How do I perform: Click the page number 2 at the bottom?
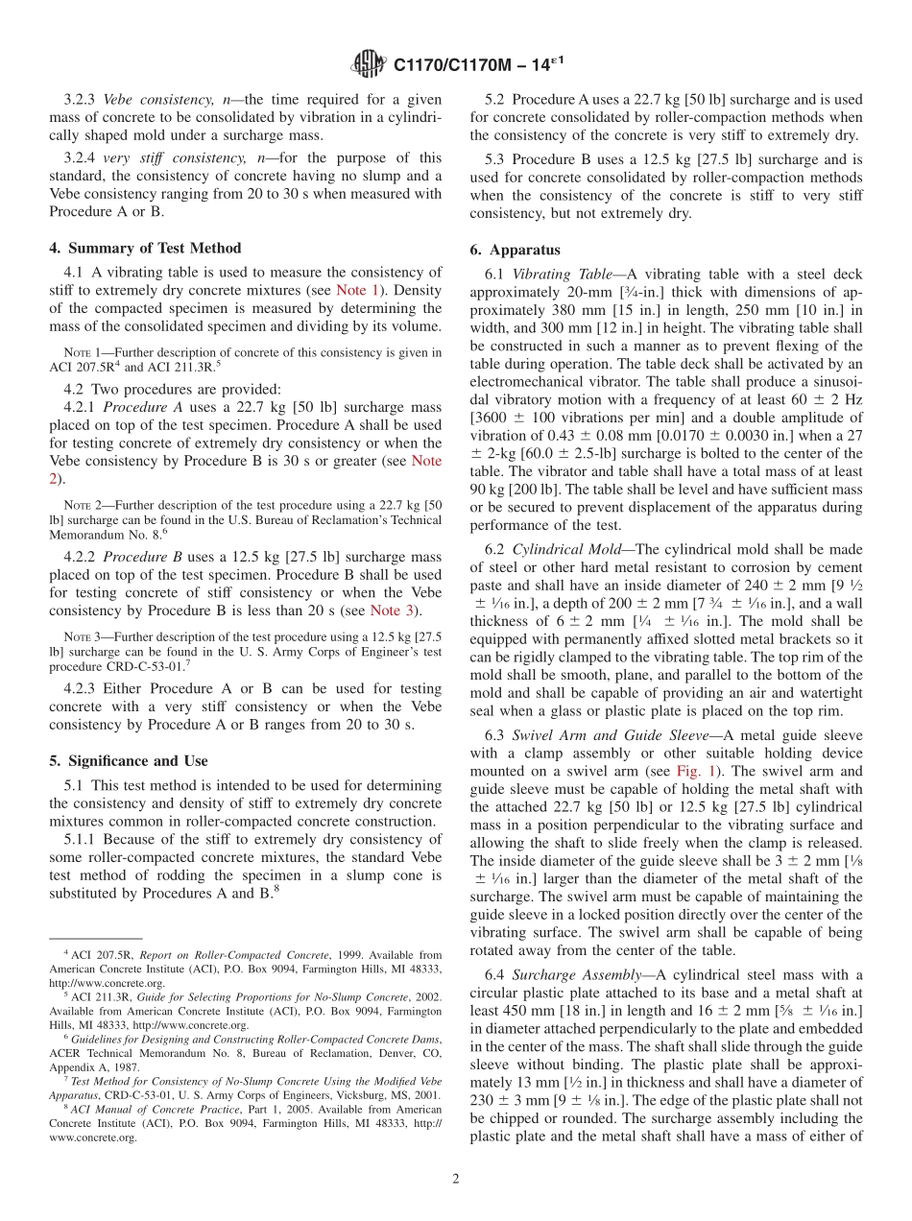click(456, 1179)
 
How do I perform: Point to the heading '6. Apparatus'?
click(515, 250)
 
